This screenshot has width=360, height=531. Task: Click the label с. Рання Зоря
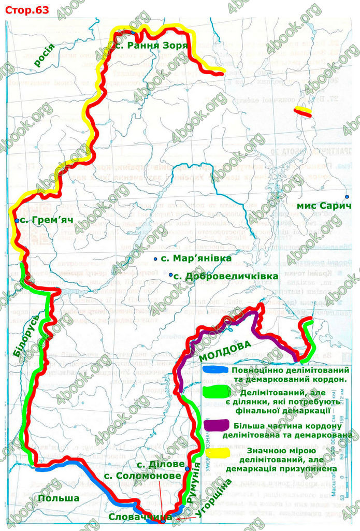pyautogui.click(x=151, y=45)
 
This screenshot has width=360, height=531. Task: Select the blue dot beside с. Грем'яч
pyautogui.click(x=17, y=221)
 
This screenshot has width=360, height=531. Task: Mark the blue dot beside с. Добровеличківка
pyautogui.click(x=170, y=274)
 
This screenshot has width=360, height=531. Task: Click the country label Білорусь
pyautogui.click(x=26, y=335)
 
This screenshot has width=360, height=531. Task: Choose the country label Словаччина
pyautogui.click(x=139, y=517)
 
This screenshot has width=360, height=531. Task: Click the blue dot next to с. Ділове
pyautogui.click(x=187, y=468)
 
